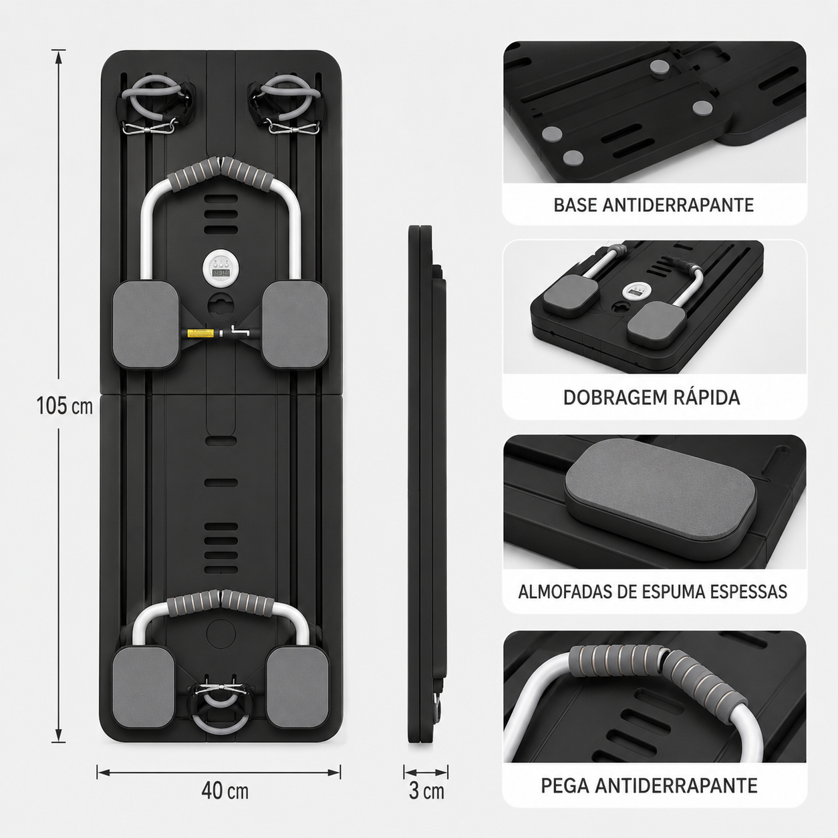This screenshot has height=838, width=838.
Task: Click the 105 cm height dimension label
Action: point(64,406)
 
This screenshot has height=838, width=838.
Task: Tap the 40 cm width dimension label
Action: point(225,791)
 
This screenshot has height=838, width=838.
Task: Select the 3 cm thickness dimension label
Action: point(426,791)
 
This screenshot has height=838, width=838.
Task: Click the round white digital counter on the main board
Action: point(219,268)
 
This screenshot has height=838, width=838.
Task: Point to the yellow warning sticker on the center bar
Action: point(200,333)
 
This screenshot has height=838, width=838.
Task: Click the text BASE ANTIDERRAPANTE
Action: point(654,205)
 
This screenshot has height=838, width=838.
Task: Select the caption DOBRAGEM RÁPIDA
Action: point(652,398)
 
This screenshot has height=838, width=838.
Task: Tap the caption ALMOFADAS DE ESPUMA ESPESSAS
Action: point(653,591)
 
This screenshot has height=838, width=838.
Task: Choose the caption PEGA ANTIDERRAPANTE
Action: point(650,785)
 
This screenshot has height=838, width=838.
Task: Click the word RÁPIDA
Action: point(702,398)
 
